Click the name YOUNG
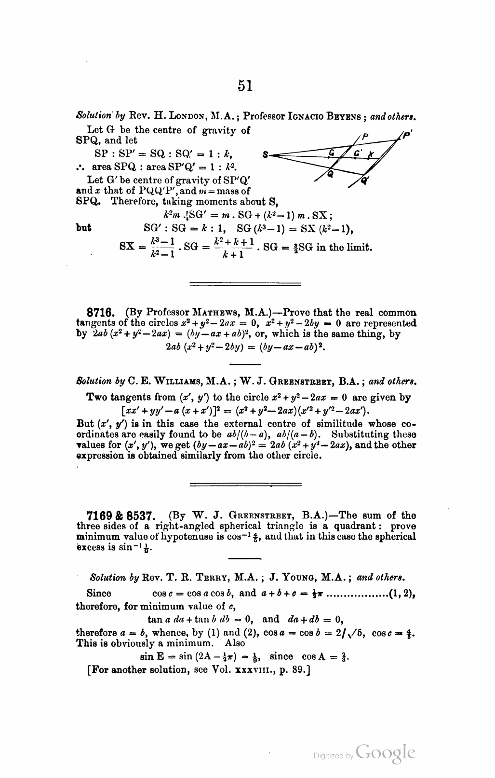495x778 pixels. click(x=304, y=577)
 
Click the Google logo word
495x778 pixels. click(x=386, y=753)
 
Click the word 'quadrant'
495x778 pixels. click(x=357, y=526)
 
